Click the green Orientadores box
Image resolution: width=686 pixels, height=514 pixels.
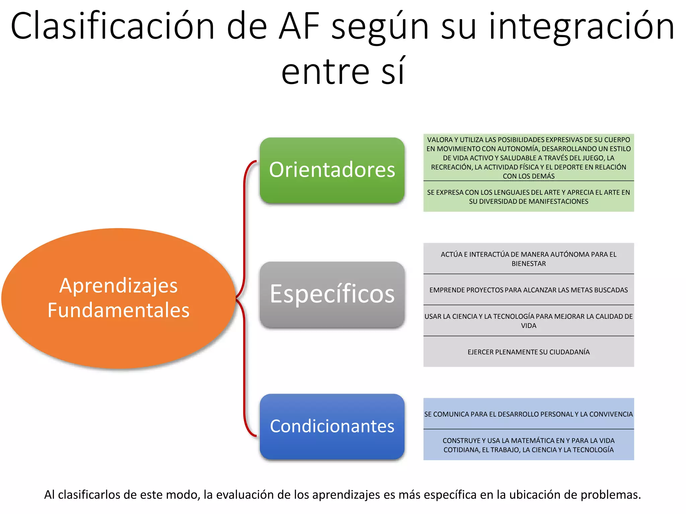[332, 170]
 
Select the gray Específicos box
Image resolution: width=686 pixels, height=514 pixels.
[332, 294]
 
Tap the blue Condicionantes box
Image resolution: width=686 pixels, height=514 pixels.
[332, 426]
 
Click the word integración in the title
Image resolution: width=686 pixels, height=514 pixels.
[581, 27]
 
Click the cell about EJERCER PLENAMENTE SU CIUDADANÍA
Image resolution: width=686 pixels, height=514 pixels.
[529, 352]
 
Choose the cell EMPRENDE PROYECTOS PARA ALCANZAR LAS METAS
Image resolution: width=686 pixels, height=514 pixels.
[529, 290]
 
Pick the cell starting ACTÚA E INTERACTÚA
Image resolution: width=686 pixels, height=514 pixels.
[529, 259]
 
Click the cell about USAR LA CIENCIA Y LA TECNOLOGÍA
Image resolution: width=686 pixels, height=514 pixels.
[529, 321]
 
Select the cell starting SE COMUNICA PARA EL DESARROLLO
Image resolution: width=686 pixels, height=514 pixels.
[529, 414]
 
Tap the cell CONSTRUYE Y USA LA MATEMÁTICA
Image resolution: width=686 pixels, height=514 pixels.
[529, 445]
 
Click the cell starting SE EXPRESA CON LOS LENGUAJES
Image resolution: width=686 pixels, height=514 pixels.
[529, 197]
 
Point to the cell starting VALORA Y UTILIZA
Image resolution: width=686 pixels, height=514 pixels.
[529, 158]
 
